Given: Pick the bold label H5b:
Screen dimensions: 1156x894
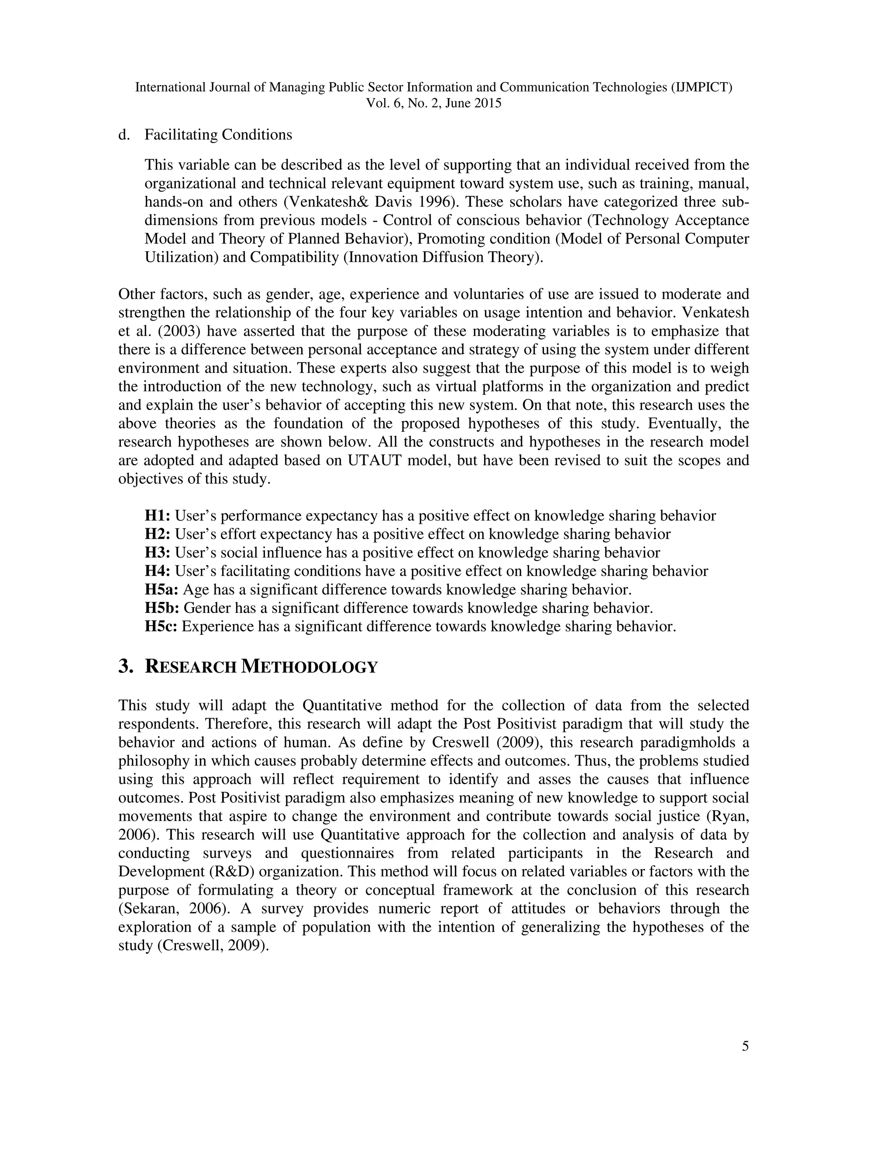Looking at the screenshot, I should [162, 608].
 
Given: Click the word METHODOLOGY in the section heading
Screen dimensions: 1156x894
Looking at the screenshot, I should [309, 667].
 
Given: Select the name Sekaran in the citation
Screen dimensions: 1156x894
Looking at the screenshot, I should [149, 908].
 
